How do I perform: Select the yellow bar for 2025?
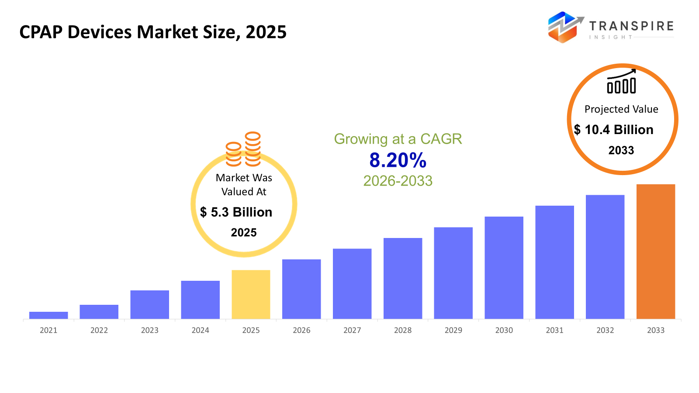[251, 294]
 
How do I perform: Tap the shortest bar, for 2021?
[48, 315]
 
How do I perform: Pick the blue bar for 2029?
[453, 273]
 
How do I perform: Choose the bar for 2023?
[149, 304]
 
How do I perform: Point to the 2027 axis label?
[352, 331]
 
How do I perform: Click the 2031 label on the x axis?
[554, 331]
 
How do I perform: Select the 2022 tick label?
[99, 331]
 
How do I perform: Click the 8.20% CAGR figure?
[398, 160]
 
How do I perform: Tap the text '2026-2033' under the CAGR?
[398, 181]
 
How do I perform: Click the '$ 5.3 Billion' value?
[236, 212]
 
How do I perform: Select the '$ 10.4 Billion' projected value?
[614, 130]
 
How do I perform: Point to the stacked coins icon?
[243, 149]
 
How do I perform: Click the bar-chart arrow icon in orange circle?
[621, 82]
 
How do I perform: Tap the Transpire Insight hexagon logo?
[564, 27]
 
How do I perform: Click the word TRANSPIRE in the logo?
[631, 26]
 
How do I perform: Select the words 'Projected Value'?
[621, 109]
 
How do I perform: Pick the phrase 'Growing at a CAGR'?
[398, 139]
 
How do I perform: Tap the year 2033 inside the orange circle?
[621, 150]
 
